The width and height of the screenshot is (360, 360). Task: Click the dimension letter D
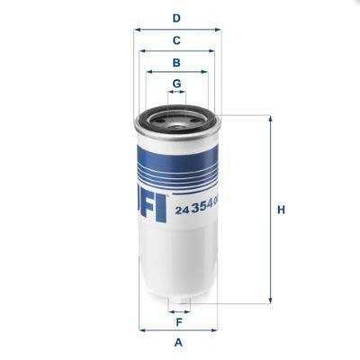point(176,18)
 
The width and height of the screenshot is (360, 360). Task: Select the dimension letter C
point(176,40)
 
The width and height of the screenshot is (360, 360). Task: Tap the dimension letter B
point(176,63)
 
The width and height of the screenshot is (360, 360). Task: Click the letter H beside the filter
point(281,210)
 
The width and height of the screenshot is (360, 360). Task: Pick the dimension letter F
point(178,321)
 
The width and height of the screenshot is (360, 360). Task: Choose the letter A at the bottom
point(178,342)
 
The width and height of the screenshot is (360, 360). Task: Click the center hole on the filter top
point(177,114)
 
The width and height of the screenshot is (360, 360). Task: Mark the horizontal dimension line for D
point(176,29)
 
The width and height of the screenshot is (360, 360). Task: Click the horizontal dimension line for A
point(178,330)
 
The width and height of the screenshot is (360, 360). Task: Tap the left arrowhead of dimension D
point(137,29)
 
